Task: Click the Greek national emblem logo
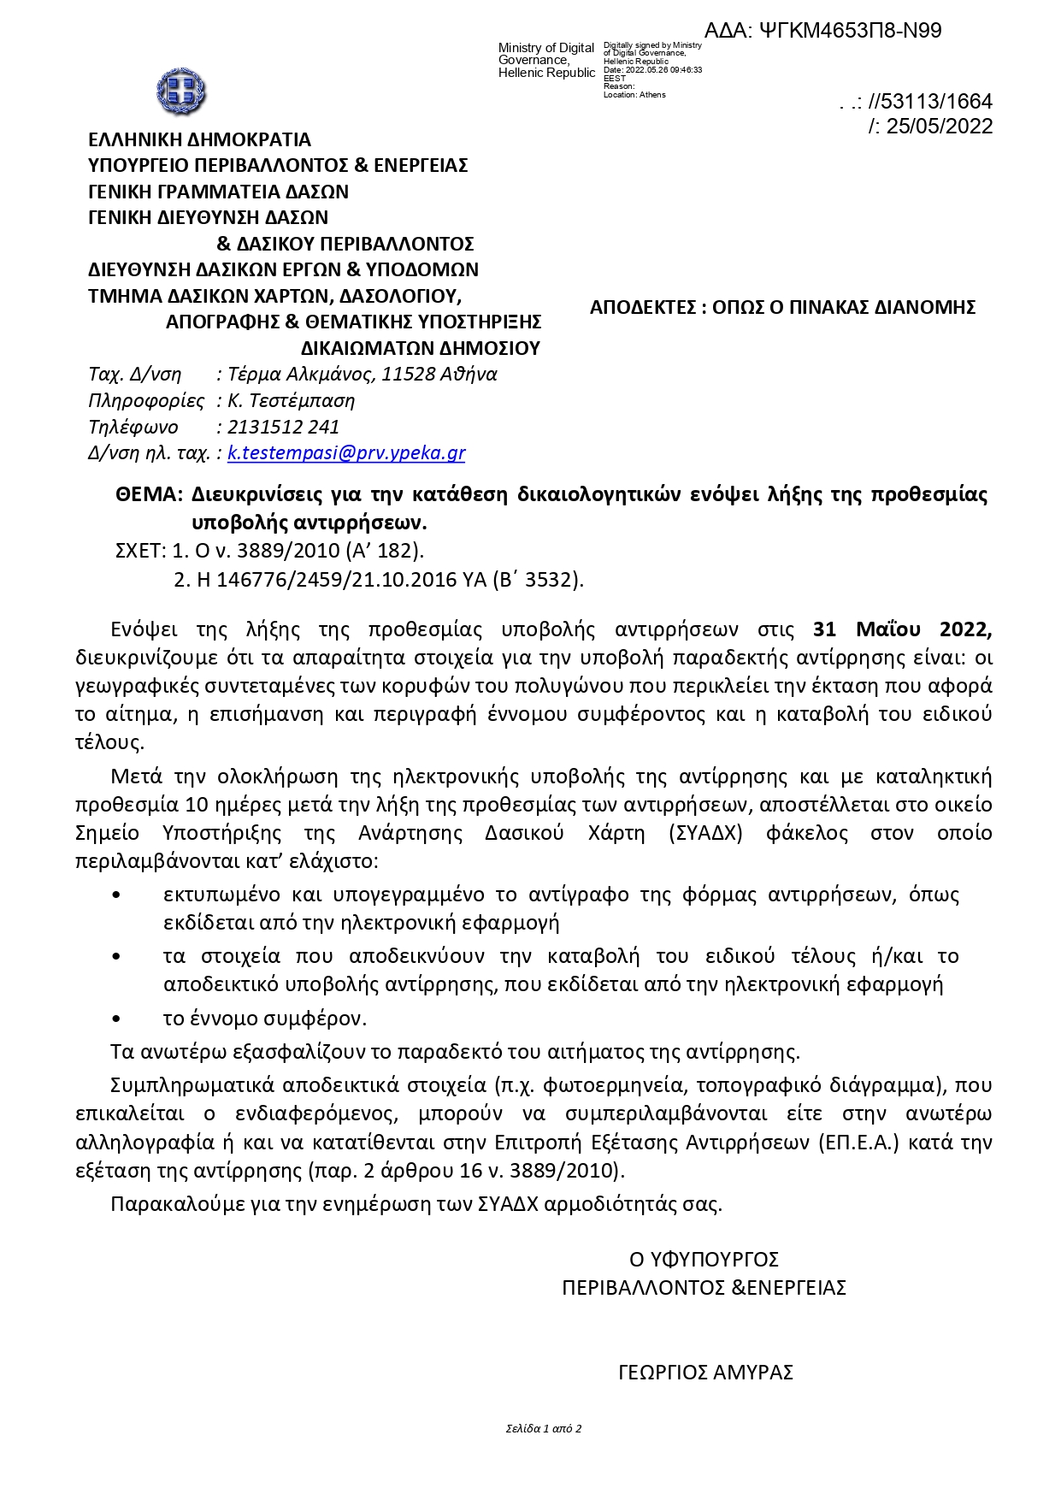click(181, 92)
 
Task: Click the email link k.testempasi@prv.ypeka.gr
click(346, 453)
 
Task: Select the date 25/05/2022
click(939, 127)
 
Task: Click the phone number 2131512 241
click(283, 427)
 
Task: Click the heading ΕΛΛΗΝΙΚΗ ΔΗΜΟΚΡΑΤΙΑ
click(199, 139)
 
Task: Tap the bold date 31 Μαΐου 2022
click(902, 629)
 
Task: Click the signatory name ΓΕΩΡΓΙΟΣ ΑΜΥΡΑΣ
click(705, 1373)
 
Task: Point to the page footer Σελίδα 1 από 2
click(544, 1428)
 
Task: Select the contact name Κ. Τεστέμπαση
click(291, 400)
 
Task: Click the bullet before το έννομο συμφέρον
click(116, 1019)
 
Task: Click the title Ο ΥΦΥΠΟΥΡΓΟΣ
click(704, 1260)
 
